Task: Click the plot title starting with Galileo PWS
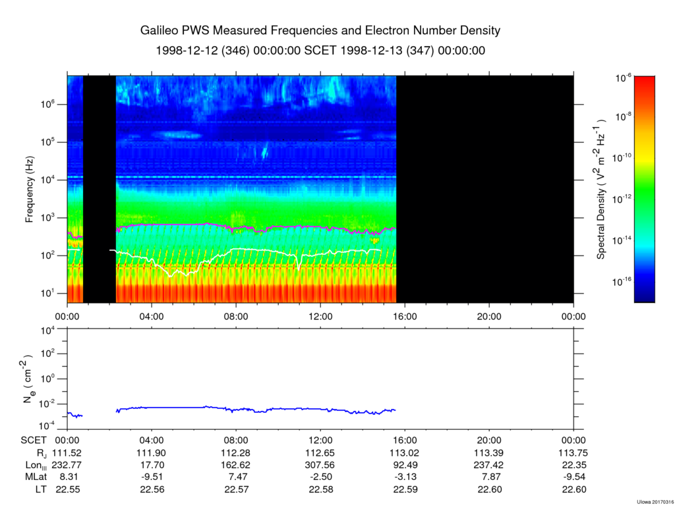click(x=320, y=31)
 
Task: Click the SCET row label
click(x=33, y=441)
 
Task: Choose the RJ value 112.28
click(x=236, y=453)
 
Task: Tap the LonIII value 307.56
click(x=320, y=465)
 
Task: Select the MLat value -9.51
click(x=152, y=477)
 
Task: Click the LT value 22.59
click(x=405, y=489)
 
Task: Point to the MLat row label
click(x=37, y=477)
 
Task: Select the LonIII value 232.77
click(x=67, y=465)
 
